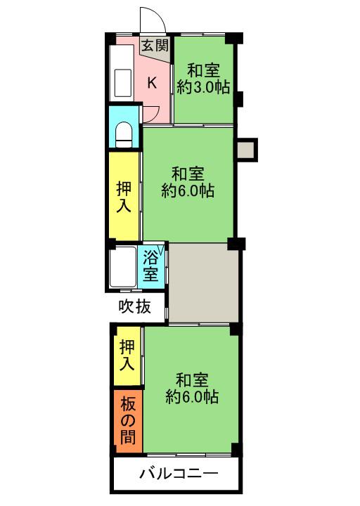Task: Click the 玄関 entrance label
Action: [155, 46]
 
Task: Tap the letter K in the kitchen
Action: [152, 83]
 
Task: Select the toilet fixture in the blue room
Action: [124, 134]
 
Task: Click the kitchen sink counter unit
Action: [122, 73]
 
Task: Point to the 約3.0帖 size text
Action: [203, 87]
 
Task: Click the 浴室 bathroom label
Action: [150, 266]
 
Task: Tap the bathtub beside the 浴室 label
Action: [122, 267]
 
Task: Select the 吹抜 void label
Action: [134, 306]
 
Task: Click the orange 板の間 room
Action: [128, 421]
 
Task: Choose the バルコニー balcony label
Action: [179, 474]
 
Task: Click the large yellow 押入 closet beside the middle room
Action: [124, 196]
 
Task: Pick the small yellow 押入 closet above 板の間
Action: [127, 356]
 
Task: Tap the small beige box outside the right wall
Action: [247, 150]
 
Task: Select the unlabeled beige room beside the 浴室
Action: [203, 283]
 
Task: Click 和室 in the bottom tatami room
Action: [192, 380]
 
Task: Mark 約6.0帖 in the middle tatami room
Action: [188, 191]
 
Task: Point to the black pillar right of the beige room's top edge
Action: [236, 243]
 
